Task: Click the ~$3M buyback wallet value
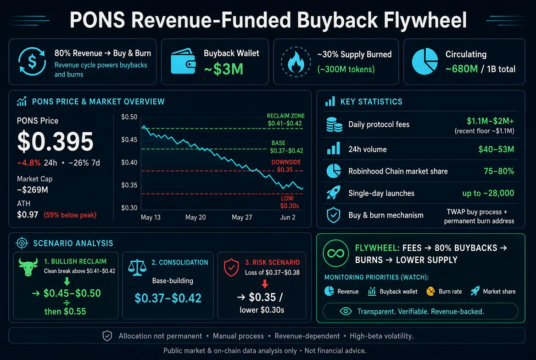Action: tap(223, 69)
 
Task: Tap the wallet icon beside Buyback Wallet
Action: tap(183, 61)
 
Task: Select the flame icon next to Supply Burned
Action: tap(296, 62)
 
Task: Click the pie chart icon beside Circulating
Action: tap(425, 61)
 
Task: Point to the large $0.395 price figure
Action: tap(55, 141)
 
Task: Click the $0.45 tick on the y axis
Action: tap(129, 140)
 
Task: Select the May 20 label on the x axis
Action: tap(195, 217)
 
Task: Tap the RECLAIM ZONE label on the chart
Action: tap(285, 116)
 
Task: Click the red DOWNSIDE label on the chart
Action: tap(286, 162)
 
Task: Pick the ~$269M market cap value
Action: tap(33, 190)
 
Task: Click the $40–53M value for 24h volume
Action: tap(496, 149)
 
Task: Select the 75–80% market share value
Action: tap(499, 171)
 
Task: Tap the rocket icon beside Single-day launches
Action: tap(333, 193)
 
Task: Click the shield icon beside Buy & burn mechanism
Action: tap(333, 215)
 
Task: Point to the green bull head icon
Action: tap(28, 267)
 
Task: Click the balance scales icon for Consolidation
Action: tap(137, 268)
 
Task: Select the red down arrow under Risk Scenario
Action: tap(265, 284)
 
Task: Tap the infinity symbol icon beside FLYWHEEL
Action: tap(335, 253)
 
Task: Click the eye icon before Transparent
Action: tap(346, 311)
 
